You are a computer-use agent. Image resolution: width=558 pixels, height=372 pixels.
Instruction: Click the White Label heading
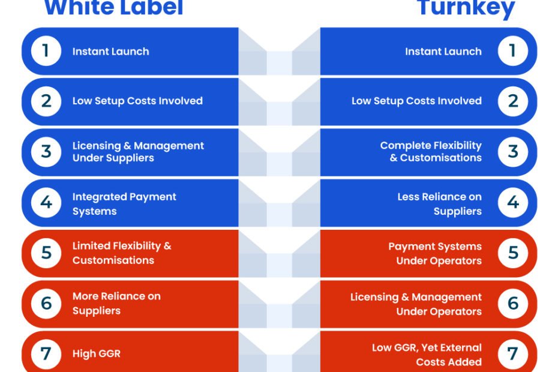pyautogui.click(x=113, y=7)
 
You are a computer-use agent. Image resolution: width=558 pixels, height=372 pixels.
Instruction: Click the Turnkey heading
pyautogui.click(x=466, y=8)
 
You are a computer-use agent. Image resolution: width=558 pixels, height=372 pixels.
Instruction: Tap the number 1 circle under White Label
pyautogui.click(x=46, y=51)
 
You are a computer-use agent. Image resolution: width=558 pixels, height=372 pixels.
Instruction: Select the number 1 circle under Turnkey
pyautogui.click(x=513, y=51)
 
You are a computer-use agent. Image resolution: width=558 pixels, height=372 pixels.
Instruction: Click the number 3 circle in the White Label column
pyautogui.click(x=46, y=152)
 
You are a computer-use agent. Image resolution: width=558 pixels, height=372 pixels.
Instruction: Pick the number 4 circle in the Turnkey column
pyautogui.click(x=513, y=203)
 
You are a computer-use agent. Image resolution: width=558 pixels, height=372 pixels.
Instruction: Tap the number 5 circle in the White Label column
pyautogui.click(x=46, y=253)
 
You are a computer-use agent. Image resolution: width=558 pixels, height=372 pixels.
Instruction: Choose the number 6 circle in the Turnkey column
pyautogui.click(x=513, y=304)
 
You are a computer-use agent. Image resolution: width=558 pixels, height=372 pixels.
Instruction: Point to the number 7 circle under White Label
pyautogui.click(x=46, y=354)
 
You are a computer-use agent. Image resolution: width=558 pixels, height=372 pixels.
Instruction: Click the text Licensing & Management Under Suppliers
pyautogui.click(x=138, y=152)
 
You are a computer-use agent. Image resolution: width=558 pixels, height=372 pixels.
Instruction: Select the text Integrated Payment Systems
pyautogui.click(x=124, y=204)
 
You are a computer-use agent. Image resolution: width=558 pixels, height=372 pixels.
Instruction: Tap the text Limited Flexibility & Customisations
pyautogui.click(x=122, y=253)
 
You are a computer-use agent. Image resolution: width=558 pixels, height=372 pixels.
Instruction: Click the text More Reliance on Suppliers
pyautogui.click(x=116, y=304)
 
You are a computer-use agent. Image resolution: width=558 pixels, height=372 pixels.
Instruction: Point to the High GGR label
pyautogui.click(x=97, y=353)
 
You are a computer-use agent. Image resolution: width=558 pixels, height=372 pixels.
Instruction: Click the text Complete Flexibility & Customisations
pyautogui.click(x=431, y=151)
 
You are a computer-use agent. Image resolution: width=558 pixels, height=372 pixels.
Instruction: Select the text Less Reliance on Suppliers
pyautogui.click(x=439, y=204)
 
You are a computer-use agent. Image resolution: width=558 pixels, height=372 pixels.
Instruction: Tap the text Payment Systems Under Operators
pyautogui.click(x=435, y=253)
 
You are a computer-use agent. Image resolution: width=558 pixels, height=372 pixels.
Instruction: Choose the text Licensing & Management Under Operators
pyautogui.click(x=416, y=304)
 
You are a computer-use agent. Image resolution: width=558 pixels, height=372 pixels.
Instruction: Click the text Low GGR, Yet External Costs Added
pyautogui.click(x=427, y=355)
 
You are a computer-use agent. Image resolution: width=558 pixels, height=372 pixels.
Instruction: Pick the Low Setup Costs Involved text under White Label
pyautogui.click(x=137, y=101)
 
